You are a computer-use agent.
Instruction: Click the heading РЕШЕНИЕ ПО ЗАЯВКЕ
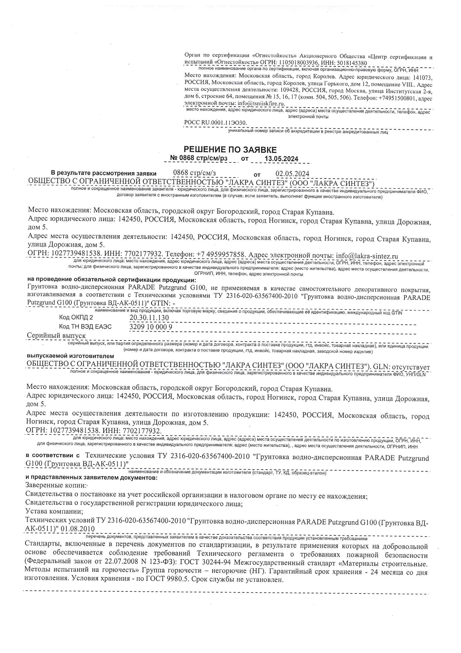(230, 150)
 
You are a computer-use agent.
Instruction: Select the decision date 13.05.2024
(281, 159)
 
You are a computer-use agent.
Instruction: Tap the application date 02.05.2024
(292, 174)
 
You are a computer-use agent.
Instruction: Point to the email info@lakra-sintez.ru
(367, 256)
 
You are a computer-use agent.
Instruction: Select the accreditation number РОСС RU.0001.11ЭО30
(215, 123)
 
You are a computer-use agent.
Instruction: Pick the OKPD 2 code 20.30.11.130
(149, 318)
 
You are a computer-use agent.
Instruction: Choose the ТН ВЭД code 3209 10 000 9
(151, 327)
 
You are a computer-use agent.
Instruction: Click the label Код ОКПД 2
(76, 317)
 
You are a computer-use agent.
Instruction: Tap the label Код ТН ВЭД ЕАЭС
(85, 326)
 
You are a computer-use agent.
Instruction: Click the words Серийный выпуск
(56, 336)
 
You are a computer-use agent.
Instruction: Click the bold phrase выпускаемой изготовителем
(71, 356)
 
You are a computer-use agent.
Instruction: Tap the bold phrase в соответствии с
(53, 456)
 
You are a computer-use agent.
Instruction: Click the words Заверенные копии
(56, 485)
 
